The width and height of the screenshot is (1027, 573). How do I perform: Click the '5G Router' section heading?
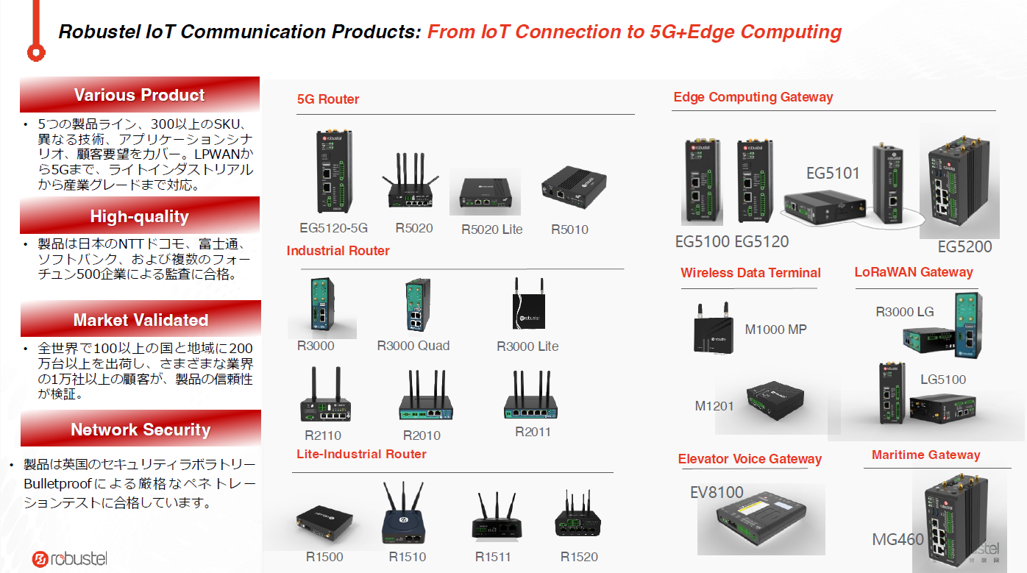tap(328, 99)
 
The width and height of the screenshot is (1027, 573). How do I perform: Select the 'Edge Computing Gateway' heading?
tap(753, 97)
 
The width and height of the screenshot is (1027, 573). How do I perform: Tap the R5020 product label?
tap(414, 228)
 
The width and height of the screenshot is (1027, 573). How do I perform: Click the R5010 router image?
tap(573, 187)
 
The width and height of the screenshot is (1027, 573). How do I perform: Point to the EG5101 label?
tap(833, 174)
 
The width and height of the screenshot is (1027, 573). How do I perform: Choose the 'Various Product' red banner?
tap(140, 95)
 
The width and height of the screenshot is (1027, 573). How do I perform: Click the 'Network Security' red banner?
tap(141, 430)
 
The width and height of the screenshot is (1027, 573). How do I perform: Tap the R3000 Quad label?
tap(413, 346)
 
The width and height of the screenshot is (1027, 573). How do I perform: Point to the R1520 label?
tap(579, 557)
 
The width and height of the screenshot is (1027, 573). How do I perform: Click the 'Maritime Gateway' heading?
tap(925, 455)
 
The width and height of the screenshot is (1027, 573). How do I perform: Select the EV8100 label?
tap(717, 492)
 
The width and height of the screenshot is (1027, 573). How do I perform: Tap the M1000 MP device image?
tap(711, 329)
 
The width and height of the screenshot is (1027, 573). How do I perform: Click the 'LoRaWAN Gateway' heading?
tap(914, 272)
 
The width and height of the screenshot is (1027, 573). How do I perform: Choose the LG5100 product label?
tap(943, 380)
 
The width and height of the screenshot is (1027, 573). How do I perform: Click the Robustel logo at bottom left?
tap(70, 559)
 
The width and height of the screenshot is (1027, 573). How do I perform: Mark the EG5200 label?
tap(964, 246)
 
